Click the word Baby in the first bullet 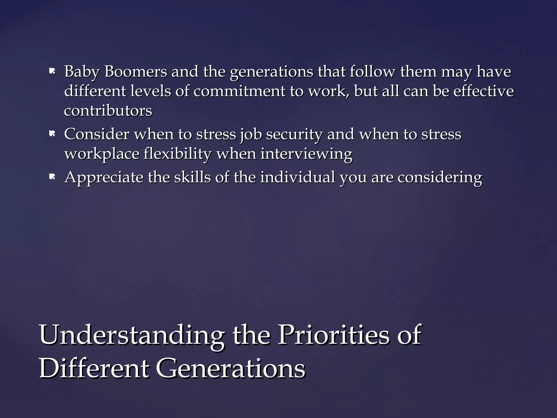click(x=81, y=72)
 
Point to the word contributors click(x=108, y=110)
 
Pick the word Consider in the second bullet click(x=97, y=134)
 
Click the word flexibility click(x=177, y=154)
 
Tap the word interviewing click(x=306, y=154)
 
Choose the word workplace click(x=102, y=154)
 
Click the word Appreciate click(x=104, y=177)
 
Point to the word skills click(x=192, y=177)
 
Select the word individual click(x=298, y=177)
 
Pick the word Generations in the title click(x=230, y=368)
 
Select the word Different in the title click(x=94, y=368)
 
